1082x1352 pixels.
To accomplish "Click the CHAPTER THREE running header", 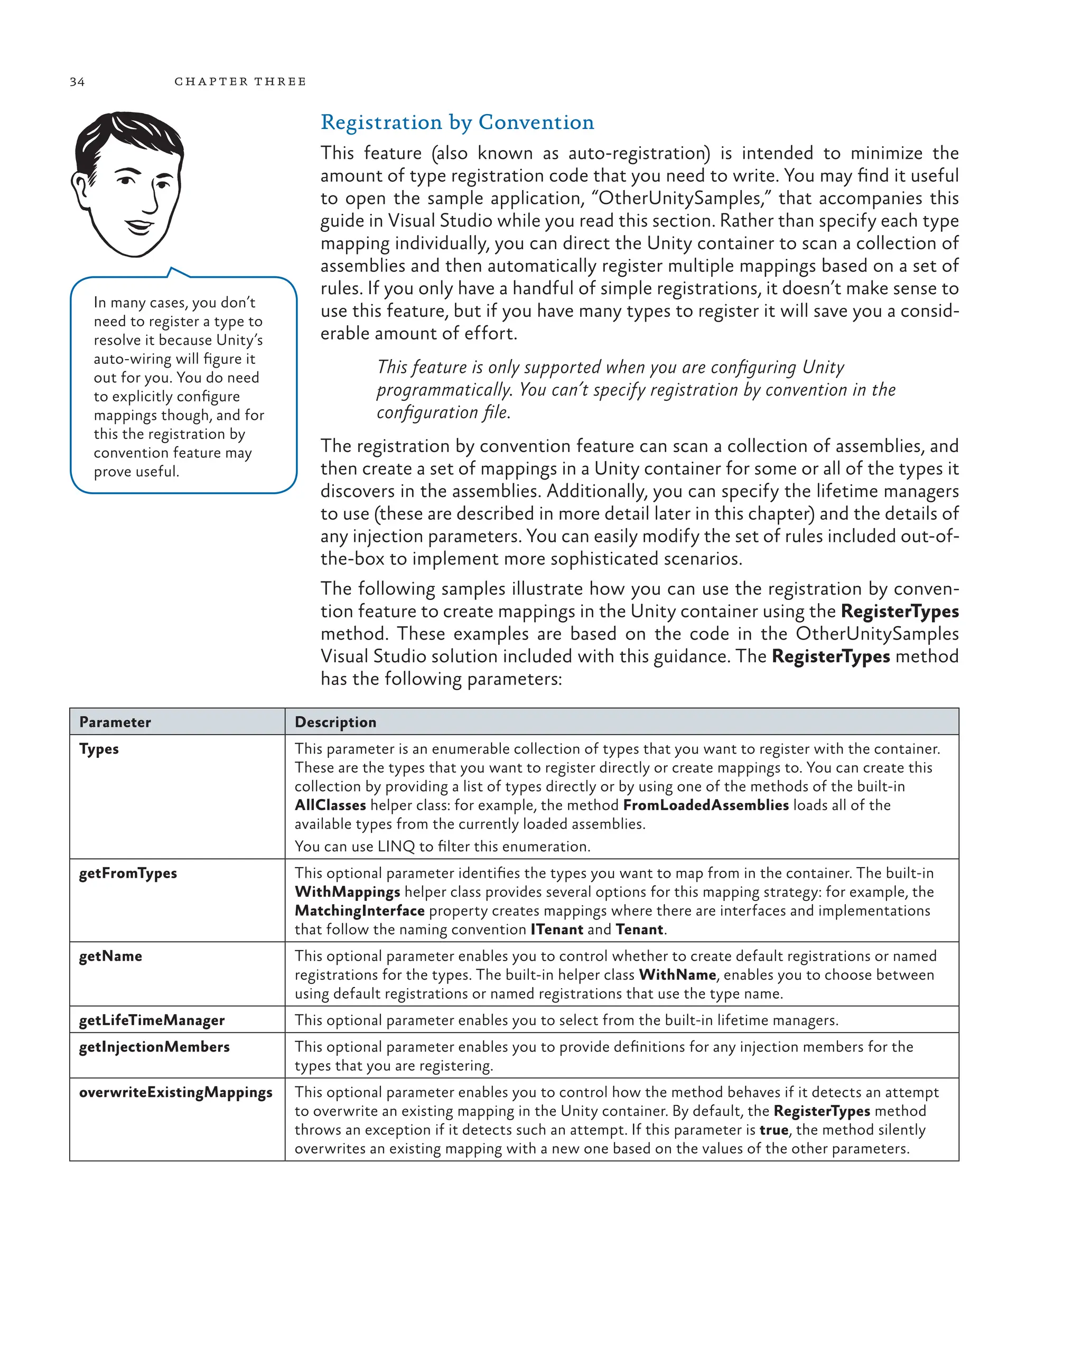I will point(240,81).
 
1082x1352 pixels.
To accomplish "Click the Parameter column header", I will point(115,722).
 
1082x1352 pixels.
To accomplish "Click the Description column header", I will point(335,722).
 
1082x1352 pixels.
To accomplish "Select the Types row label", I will point(99,749).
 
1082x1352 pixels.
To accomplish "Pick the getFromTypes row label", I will point(128,873).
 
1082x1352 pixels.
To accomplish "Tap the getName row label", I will point(110,956).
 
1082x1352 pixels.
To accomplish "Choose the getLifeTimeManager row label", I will point(152,1020).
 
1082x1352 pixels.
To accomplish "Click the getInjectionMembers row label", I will point(154,1047).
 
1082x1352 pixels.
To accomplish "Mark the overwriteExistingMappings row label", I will point(175,1092).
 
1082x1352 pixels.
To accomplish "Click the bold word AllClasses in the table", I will point(330,805).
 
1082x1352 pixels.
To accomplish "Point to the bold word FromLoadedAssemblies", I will point(706,805).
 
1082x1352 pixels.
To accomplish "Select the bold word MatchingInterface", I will point(359,910).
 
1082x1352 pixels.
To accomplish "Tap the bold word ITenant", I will point(556,929).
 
